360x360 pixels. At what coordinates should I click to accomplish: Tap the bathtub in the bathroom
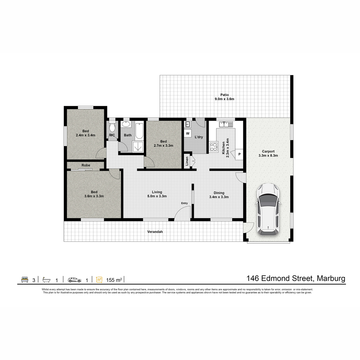click(x=139, y=131)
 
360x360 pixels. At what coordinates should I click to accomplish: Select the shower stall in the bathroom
click(x=138, y=146)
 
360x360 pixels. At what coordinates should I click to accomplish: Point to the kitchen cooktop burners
click(x=214, y=147)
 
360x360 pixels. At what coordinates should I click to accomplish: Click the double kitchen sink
click(x=226, y=124)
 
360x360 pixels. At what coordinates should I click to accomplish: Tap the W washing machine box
click(x=187, y=133)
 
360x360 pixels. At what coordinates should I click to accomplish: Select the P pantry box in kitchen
click(x=239, y=154)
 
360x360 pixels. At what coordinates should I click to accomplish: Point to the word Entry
click(x=184, y=203)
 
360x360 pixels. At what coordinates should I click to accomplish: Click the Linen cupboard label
click(x=187, y=161)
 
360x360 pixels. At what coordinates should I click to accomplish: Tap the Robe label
click(x=86, y=165)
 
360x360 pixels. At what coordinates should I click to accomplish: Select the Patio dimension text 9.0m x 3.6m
click(x=224, y=99)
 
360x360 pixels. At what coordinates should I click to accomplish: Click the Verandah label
click(x=155, y=232)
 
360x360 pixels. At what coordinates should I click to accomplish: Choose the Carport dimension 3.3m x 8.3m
click(x=268, y=155)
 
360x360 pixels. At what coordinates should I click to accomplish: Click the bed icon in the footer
click(x=25, y=280)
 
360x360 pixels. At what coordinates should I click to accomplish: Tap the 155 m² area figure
click(x=114, y=280)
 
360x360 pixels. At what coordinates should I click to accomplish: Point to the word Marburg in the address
click(x=331, y=279)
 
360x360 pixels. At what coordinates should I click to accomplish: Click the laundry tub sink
click(x=187, y=124)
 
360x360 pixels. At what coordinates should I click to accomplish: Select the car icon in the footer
click(x=74, y=280)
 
